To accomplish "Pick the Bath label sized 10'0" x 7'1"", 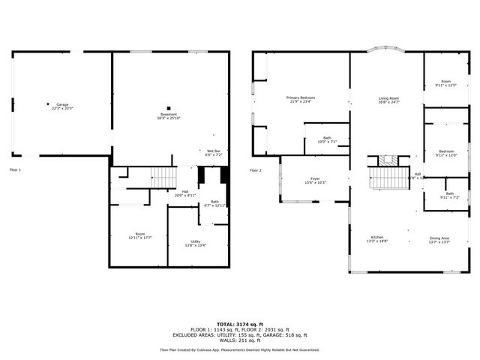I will click(327, 139).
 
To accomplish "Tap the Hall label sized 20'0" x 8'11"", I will click(185, 193).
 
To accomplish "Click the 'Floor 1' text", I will click(15, 170).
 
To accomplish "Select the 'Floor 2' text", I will click(256, 170).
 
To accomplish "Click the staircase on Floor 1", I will click(163, 177).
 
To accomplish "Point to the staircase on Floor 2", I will click(388, 178).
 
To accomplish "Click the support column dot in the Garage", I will click(49, 104).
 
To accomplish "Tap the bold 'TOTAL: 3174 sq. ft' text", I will click(239, 324).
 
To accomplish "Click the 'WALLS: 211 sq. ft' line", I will click(239, 340).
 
